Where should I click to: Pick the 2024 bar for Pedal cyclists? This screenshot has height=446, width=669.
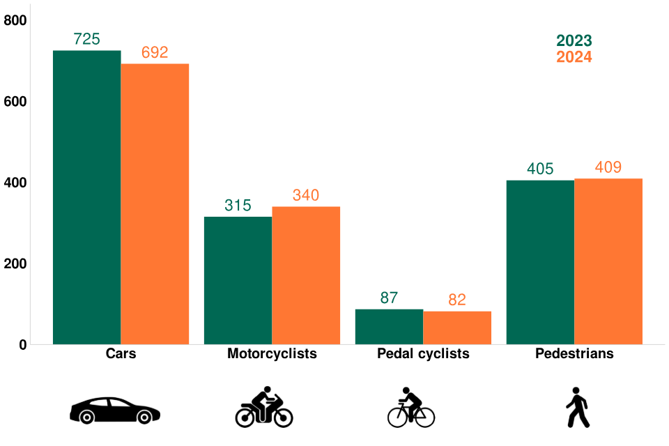tap(457, 328)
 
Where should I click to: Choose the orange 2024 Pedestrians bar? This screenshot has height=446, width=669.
tap(608, 261)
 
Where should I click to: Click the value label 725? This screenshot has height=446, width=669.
tap(87, 40)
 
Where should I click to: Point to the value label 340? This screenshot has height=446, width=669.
tap(306, 196)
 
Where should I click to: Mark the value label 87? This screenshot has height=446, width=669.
tap(389, 298)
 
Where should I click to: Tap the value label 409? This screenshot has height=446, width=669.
tap(608, 168)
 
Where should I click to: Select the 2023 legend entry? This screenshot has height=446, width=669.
tap(574, 41)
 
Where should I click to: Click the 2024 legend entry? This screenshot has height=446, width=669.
tap(574, 57)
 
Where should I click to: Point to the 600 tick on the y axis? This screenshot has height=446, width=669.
tap(15, 102)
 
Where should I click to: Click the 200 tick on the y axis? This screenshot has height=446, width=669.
tap(15, 264)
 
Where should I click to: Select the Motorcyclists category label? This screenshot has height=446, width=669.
tap(272, 354)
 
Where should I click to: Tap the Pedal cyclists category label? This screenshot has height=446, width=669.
tap(423, 354)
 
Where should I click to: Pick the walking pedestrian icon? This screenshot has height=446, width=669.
tap(577, 408)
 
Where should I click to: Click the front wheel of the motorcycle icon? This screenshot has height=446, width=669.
tap(282, 417)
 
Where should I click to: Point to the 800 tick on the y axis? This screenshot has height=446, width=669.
tap(15, 21)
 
